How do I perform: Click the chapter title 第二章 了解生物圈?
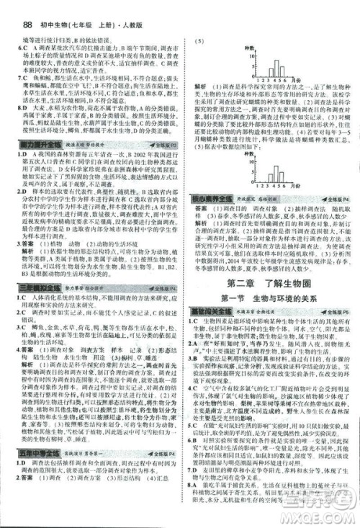pyautogui.click(x=270, y=281)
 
